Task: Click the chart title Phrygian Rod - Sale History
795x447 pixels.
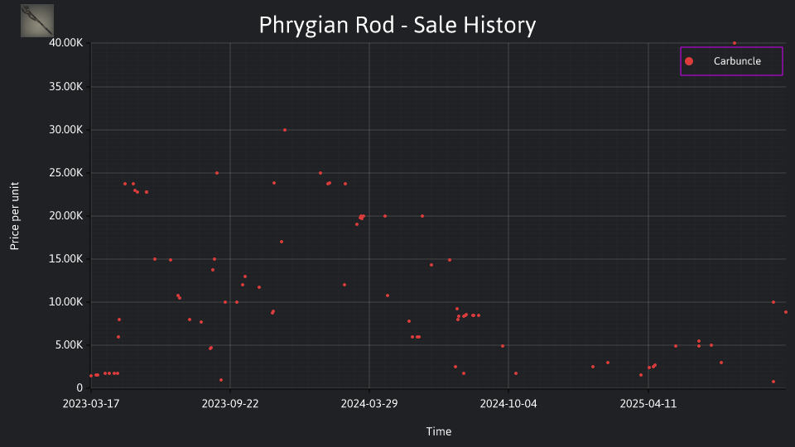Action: pos(397,25)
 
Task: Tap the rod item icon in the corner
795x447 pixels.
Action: pos(37,21)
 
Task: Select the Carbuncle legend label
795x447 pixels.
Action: pos(737,60)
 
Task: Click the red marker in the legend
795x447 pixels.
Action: pos(688,61)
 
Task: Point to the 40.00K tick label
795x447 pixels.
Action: pos(66,43)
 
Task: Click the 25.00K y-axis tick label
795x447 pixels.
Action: pos(66,173)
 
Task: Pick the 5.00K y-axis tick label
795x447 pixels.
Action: pos(69,345)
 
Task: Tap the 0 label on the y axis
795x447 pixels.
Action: pos(79,387)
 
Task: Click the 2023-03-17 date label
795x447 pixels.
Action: pos(91,403)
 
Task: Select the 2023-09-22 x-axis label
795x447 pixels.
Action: pos(230,403)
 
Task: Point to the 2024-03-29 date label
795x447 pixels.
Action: pos(369,403)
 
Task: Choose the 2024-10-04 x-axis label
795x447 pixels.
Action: pos(508,403)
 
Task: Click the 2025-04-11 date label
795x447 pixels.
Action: pos(648,403)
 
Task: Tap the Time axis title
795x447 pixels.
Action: pos(439,431)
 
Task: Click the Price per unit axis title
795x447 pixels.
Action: pos(15,216)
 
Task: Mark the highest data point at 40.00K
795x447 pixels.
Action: pos(735,43)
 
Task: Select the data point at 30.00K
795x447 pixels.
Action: pos(284,130)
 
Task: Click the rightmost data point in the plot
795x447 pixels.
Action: pos(786,312)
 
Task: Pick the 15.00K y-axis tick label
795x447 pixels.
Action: pos(66,259)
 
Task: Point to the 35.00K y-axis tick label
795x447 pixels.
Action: pos(66,87)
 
